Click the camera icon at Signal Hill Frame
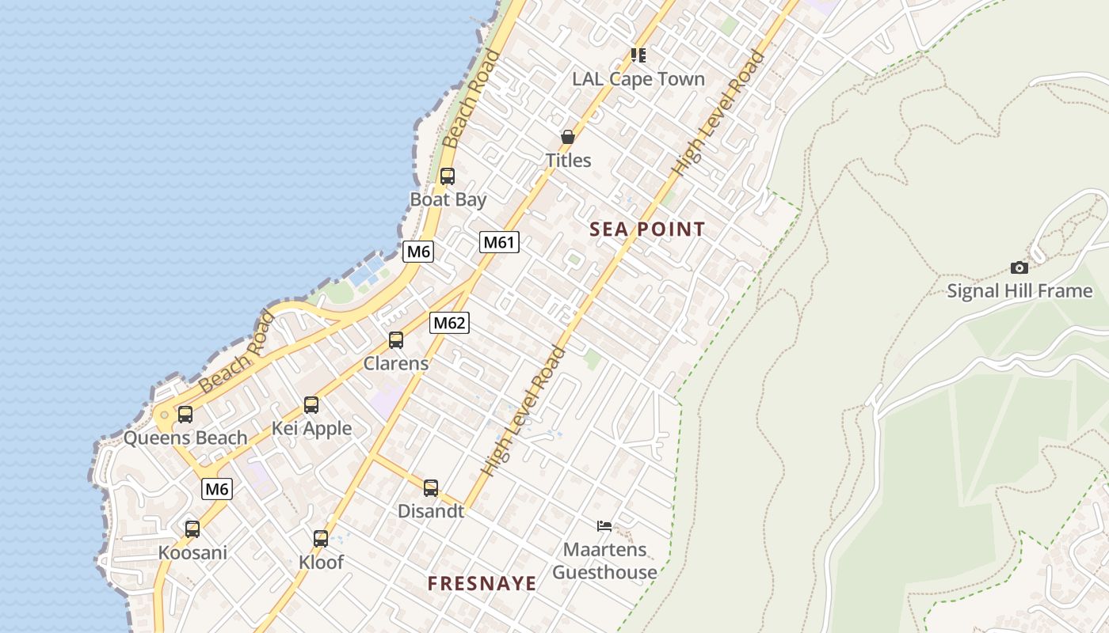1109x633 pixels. (1019, 268)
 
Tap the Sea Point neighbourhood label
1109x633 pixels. (647, 229)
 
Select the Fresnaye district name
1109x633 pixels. (482, 584)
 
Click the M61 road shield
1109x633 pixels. (499, 242)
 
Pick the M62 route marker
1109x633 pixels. (449, 323)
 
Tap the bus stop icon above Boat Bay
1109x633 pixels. (448, 176)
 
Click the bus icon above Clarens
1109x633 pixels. (396, 340)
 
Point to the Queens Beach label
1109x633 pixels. (185, 438)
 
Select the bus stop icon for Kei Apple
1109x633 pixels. (311, 405)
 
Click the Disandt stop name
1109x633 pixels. (431, 511)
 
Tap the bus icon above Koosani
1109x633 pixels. (192, 529)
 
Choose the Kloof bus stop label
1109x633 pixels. (321, 562)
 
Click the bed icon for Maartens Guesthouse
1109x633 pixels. (604, 526)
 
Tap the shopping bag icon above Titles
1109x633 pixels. (568, 137)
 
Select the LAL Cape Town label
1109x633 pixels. (638, 79)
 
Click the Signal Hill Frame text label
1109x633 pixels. (1019, 291)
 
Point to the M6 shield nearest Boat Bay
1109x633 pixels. (418, 252)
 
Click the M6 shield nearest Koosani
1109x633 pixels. (217, 489)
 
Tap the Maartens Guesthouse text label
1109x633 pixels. (604, 560)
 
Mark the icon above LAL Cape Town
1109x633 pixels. (638, 55)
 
